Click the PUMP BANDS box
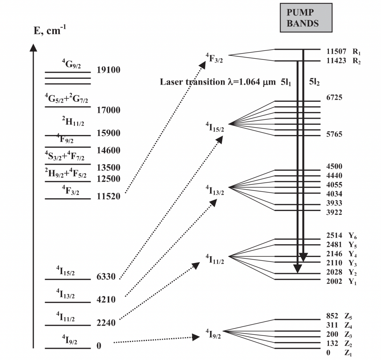[x=306, y=18]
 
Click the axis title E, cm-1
[x=50, y=31]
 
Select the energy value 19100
[x=109, y=70]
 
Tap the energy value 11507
[x=336, y=51]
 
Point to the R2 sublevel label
[x=357, y=61]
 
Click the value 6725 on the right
[x=334, y=98]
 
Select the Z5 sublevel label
[x=348, y=316]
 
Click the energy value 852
[x=332, y=316]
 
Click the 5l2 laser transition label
[x=314, y=82]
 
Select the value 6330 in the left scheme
[x=106, y=277]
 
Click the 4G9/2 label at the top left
[x=71, y=64]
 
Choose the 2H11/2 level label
[x=73, y=121]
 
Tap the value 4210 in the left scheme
[x=106, y=300]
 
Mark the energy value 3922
[x=334, y=212]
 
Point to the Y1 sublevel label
[x=352, y=282]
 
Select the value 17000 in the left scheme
[x=109, y=110]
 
